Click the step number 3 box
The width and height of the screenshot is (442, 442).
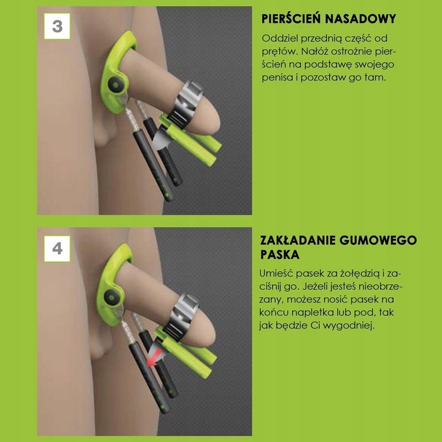coord(57,26)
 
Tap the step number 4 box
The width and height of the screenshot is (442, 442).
coord(57,249)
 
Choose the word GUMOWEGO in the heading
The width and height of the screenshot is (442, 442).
coord(383,240)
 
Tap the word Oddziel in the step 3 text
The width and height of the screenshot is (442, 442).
coord(280,38)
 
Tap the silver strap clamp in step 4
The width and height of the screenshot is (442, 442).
coord(184,310)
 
